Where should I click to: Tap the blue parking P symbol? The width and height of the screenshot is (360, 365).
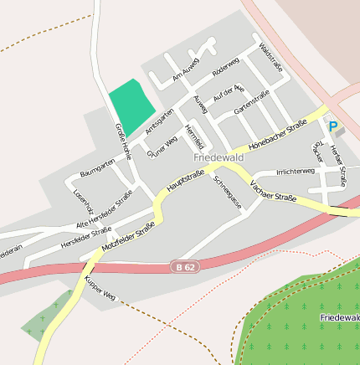(x=333, y=127)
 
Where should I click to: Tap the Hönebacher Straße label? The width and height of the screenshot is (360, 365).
(x=277, y=135)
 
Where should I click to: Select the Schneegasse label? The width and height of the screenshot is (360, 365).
(x=228, y=191)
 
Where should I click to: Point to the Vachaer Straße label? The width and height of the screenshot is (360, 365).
(x=273, y=195)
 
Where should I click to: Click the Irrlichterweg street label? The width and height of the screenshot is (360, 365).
(x=295, y=171)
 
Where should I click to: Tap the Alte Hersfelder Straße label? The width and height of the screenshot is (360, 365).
(x=104, y=209)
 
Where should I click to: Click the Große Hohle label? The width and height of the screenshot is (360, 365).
(x=123, y=141)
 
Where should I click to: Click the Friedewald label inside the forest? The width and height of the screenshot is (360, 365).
(x=339, y=318)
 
